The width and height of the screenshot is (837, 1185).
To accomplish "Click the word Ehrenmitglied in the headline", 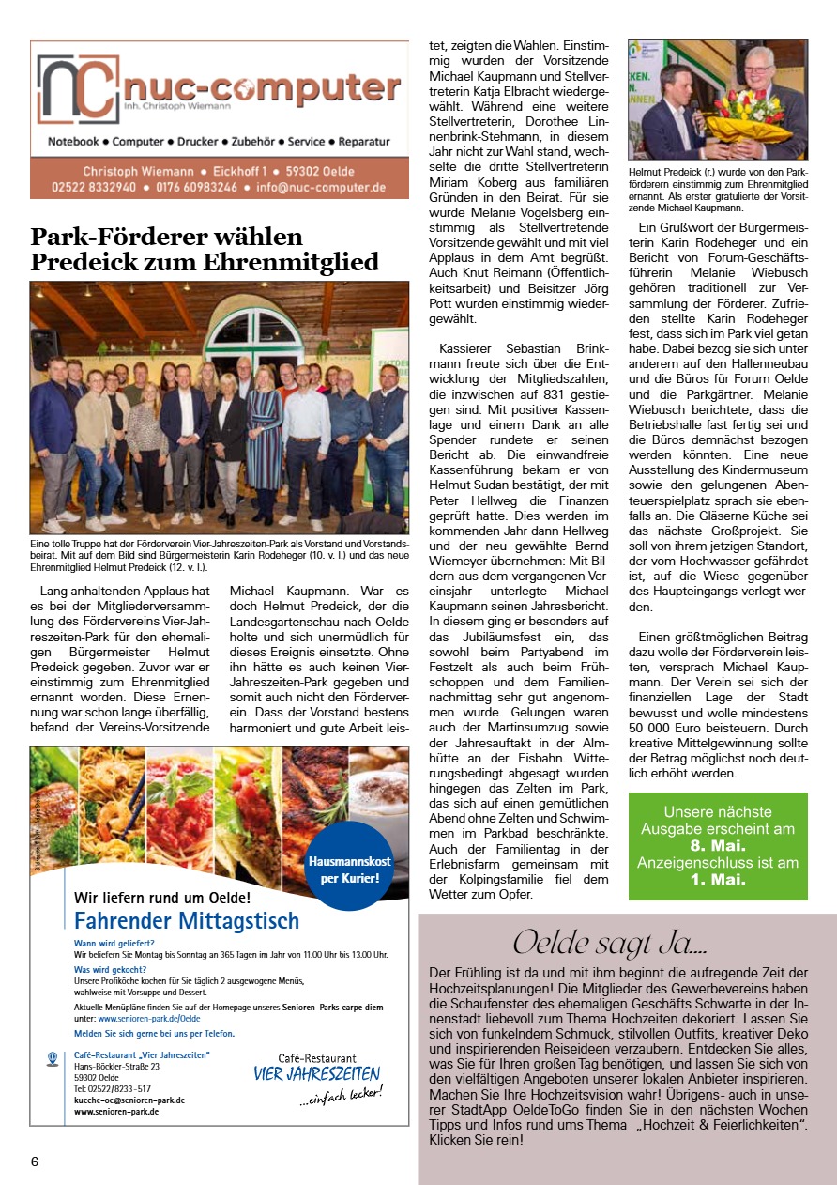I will (x=286, y=261).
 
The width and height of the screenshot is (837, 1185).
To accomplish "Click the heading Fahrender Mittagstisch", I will (x=186, y=919).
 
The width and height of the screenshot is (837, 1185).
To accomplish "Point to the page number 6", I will (x=35, y=1161).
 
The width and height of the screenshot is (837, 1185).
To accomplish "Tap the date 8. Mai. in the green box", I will (x=717, y=845).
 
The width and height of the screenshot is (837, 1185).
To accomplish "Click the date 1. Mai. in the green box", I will (x=717, y=880).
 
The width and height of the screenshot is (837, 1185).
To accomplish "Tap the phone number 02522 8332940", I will (x=83, y=187).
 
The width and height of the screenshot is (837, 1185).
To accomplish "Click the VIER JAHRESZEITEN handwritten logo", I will (x=316, y=1073).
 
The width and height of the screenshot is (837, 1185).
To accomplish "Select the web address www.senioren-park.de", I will (x=115, y=1111).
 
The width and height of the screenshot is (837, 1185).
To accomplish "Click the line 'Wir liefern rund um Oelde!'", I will (x=162, y=896).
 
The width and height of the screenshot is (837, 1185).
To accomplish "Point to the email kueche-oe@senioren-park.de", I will (x=129, y=1100).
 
